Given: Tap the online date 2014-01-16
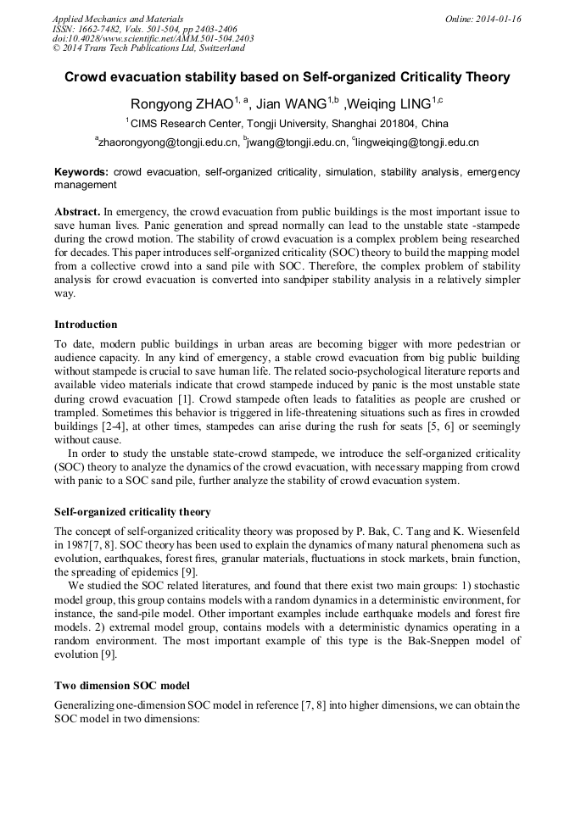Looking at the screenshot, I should click(x=497, y=18).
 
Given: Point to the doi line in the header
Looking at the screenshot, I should click(x=153, y=38).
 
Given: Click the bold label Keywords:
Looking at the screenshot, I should click(x=81, y=172).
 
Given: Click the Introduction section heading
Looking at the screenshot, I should click(x=86, y=324).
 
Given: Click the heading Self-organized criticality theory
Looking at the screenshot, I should click(x=132, y=512).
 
